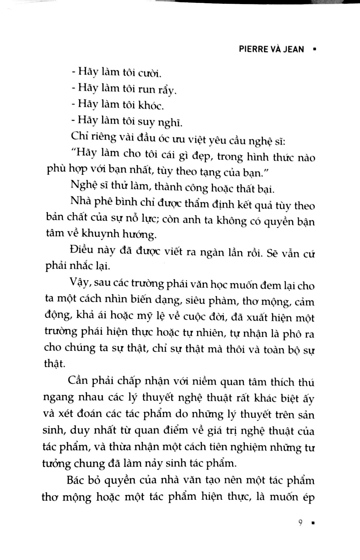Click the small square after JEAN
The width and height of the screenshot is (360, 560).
coord(314,49)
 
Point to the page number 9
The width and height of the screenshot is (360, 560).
coord(300,523)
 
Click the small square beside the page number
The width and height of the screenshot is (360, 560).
coord(312,523)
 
